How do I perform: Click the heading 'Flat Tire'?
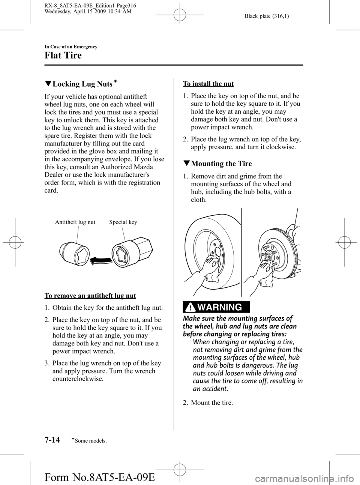click(63, 56)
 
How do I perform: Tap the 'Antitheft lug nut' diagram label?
click(75, 222)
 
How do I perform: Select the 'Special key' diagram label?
click(123, 222)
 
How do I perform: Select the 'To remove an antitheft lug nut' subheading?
click(90, 296)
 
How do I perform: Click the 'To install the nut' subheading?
click(208, 84)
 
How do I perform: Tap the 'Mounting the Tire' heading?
click(221, 164)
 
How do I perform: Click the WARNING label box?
click(216, 307)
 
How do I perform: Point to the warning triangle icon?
click(191, 307)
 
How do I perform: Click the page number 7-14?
click(52, 440)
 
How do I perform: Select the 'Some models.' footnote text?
click(92, 441)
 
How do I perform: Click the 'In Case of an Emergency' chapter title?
click(71, 47)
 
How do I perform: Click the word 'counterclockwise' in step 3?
click(78, 379)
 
